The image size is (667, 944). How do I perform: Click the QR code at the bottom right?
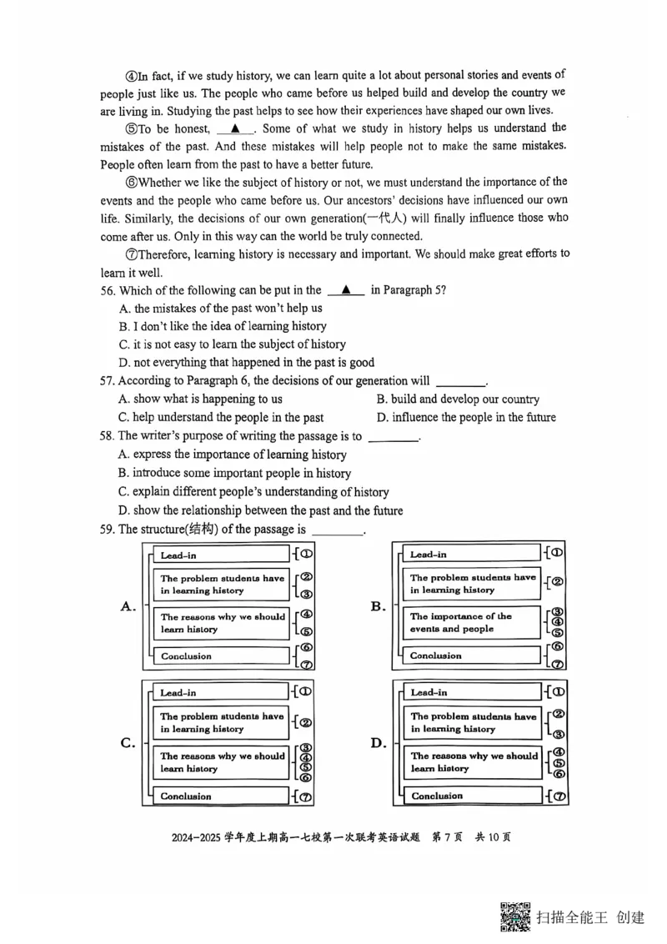[516, 916]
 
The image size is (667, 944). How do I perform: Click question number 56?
[108, 290]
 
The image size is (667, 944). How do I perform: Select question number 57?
[108, 381]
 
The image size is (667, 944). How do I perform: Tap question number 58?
[108, 436]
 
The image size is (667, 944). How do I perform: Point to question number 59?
[108, 530]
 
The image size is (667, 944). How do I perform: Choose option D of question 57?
[465, 418]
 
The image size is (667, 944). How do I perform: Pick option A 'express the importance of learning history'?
[233, 454]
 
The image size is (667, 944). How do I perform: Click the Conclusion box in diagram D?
[472, 796]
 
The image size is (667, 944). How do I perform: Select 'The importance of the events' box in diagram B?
[472, 623]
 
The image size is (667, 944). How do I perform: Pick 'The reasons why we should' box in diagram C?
[222, 762]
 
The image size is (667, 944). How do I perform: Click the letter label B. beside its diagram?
[378, 606]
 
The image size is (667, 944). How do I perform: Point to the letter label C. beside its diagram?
[128, 743]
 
